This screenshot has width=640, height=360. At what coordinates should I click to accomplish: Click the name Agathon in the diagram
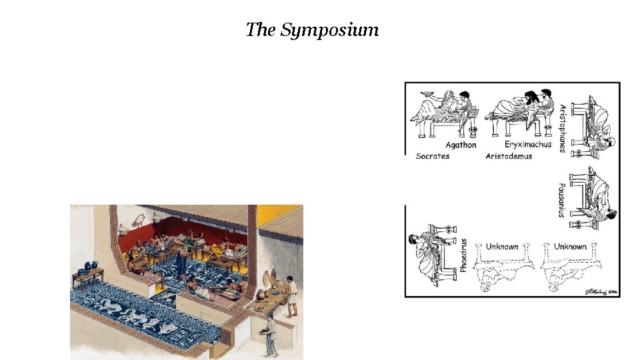coord(461,145)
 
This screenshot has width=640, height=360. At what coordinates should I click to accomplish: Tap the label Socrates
coord(433,156)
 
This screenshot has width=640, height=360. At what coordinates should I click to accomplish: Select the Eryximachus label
coord(528,144)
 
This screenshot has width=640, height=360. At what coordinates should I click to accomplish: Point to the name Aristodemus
coord(512,156)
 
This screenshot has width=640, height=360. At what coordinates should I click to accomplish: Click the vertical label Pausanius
coord(561,199)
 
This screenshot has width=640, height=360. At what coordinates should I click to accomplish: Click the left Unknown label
coord(501,247)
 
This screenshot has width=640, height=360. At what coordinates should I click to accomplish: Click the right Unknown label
coord(570,247)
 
